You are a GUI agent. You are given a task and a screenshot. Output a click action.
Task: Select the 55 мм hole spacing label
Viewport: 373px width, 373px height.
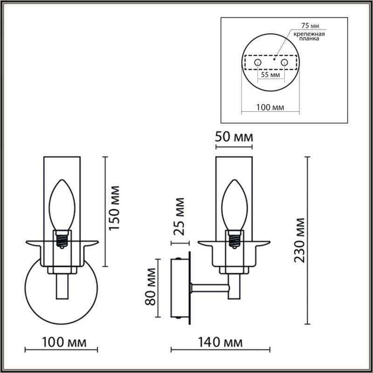270,75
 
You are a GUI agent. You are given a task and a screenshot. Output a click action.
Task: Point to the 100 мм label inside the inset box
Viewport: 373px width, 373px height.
270,107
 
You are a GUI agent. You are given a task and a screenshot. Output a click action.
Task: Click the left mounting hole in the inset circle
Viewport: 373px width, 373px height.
257,62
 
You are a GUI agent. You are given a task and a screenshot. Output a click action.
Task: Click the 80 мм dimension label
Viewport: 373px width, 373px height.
150,286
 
